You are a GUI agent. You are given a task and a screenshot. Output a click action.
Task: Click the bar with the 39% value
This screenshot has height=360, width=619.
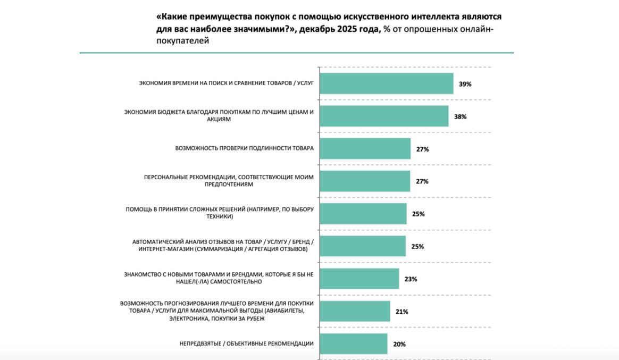(386, 83)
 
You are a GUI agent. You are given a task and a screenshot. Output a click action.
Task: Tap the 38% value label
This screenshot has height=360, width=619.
(460, 116)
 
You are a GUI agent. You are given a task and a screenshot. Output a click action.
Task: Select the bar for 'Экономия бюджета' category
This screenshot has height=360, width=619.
(383, 116)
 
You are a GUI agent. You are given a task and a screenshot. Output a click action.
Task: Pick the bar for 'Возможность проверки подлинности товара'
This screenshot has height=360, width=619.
(365, 148)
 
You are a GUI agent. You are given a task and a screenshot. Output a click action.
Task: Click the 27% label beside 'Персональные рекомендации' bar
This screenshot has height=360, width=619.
(422, 181)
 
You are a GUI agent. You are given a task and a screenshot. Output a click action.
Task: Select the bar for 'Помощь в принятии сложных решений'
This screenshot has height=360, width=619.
(363, 214)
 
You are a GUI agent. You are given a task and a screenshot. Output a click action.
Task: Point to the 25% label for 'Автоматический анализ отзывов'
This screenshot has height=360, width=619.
(417, 247)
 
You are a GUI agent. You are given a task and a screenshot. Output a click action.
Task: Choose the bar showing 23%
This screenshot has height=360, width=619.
(359, 279)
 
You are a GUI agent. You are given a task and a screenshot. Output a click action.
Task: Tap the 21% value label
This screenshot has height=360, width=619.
(401, 312)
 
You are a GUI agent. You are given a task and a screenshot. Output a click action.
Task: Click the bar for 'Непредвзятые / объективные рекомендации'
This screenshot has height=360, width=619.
(353, 344)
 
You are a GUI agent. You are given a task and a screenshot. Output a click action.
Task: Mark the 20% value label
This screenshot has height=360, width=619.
(399, 344)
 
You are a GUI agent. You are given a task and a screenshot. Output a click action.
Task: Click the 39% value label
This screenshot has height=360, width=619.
(465, 84)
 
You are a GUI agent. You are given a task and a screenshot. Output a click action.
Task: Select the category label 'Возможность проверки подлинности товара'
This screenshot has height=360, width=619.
(244, 148)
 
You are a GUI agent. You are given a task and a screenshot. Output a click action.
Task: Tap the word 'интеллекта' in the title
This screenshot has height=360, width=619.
(424, 17)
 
